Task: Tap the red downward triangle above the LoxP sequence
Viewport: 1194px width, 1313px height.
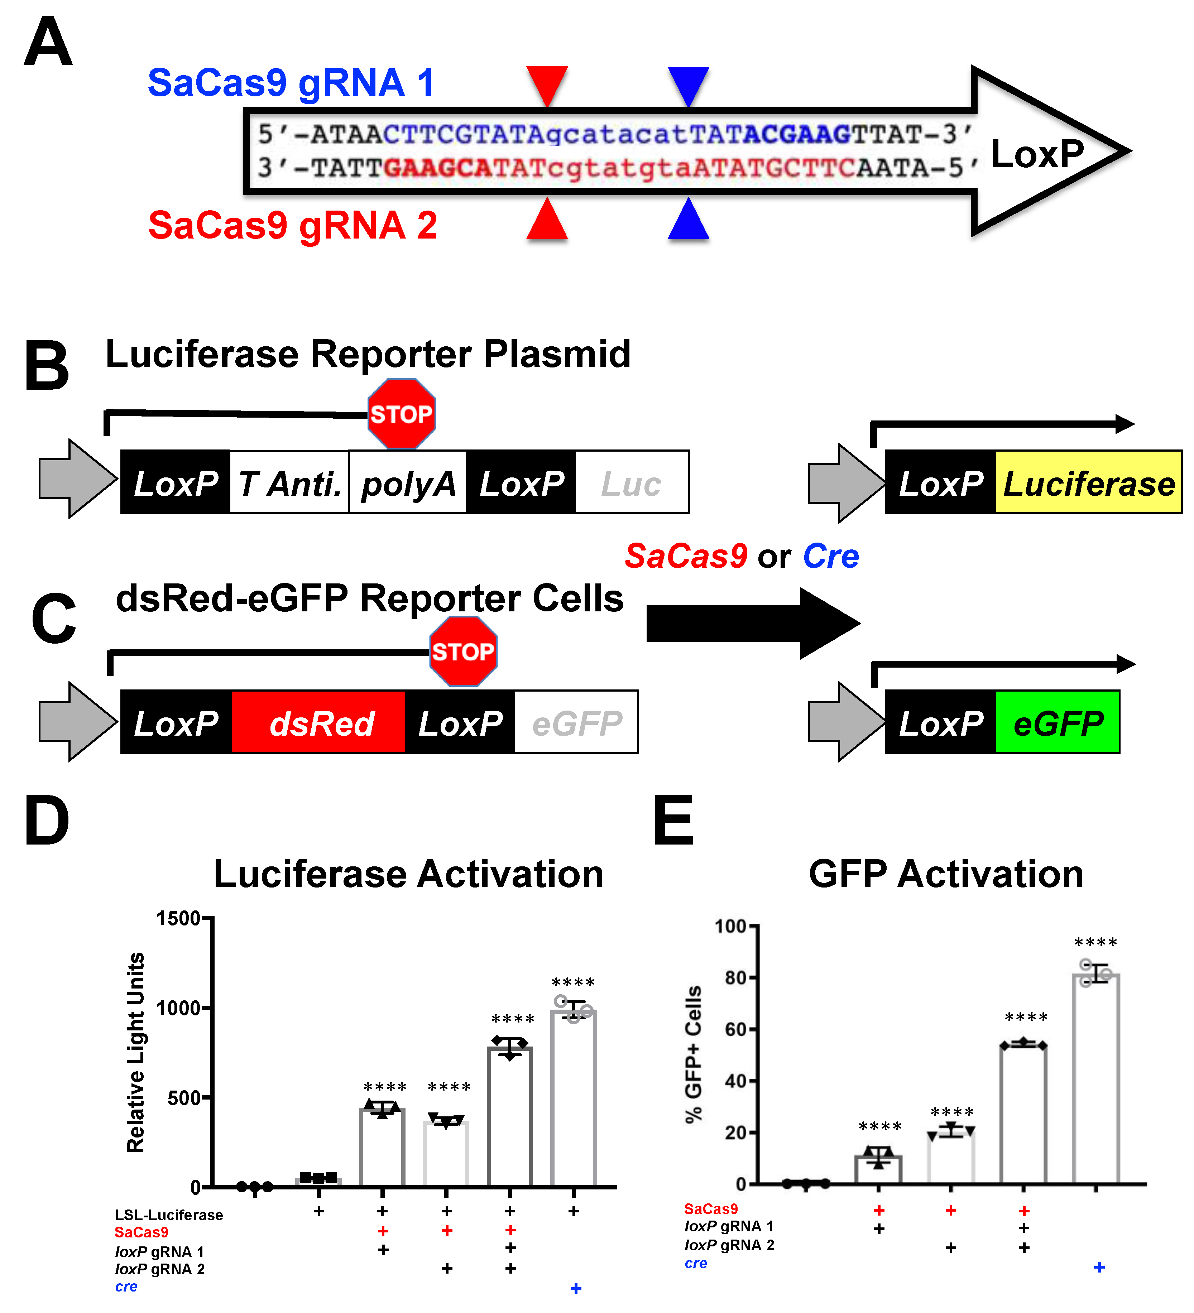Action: click(547, 83)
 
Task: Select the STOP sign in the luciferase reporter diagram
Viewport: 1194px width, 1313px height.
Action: click(401, 414)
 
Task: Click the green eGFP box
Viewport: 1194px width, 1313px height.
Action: click(1057, 723)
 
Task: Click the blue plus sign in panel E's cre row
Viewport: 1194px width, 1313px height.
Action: click(1099, 1267)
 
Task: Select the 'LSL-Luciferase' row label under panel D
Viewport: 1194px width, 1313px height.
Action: click(169, 1215)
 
